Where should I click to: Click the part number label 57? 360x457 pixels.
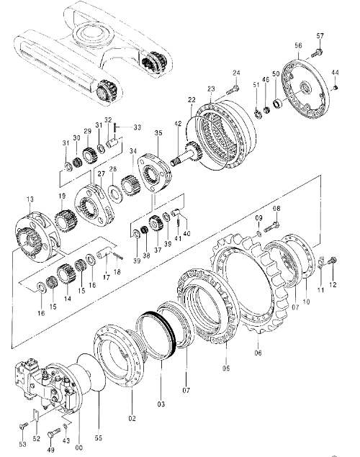coord(320,36)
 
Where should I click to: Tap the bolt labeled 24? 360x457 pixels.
coord(233,90)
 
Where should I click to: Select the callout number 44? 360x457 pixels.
coord(336,72)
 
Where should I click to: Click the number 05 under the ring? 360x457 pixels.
coord(226,368)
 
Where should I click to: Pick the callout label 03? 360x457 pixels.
coord(161,404)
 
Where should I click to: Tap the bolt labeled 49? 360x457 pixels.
coord(53,434)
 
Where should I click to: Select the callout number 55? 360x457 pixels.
coord(99,438)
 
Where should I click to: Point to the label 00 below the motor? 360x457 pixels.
coord(78,448)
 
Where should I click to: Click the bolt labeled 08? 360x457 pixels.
coord(271,227)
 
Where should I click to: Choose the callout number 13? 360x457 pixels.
coord(30,199)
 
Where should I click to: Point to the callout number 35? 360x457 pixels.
coord(158,133)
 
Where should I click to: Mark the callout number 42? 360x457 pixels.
coord(178,123)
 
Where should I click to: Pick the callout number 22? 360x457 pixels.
coord(192,100)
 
